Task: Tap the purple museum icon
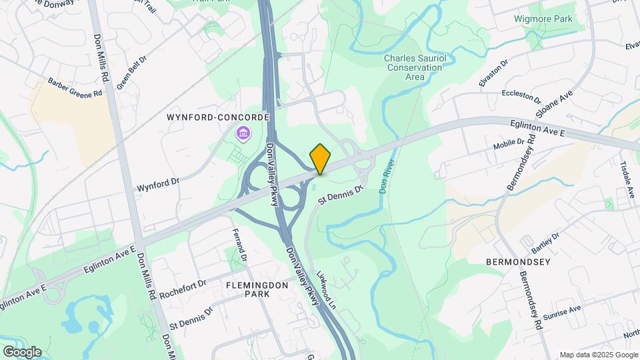(x=243, y=135)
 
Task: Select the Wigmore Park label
(x=543, y=19)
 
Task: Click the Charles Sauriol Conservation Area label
(x=414, y=67)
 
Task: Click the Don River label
(x=387, y=177)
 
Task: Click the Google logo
(x=22, y=352)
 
